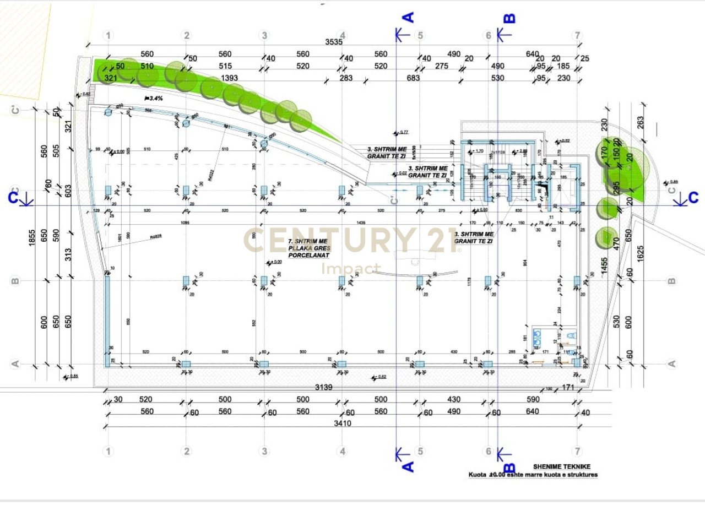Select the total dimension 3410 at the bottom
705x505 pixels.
click(342, 423)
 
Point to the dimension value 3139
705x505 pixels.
click(324, 388)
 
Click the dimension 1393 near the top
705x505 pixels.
click(229, 78)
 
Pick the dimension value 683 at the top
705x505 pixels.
click(413, 78)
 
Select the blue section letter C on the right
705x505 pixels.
click(693, 197)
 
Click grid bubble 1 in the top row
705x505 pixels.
click(109, 36)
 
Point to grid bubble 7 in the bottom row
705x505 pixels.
click(577, 452)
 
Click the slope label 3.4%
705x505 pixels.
click(155, 98)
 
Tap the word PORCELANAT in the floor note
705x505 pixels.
click(312, 255)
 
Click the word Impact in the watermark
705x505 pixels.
click(351, 269)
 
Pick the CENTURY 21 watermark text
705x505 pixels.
click(352, 241)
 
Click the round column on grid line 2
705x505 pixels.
click(186, 123)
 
